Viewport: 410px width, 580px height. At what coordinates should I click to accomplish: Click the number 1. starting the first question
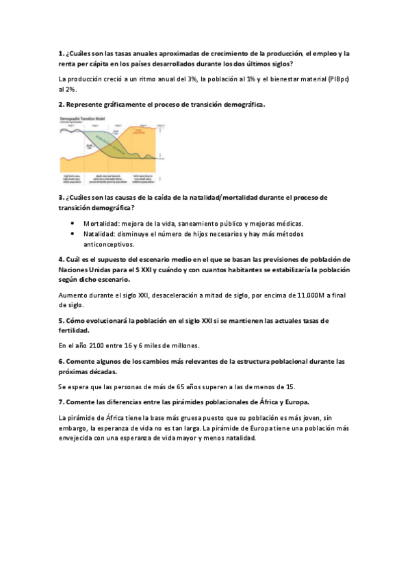click(x=61, y=53)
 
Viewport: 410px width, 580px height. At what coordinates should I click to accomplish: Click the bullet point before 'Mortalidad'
click(x=73, y=224)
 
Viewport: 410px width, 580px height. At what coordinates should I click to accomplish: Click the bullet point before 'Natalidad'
click(x=73, y=234)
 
